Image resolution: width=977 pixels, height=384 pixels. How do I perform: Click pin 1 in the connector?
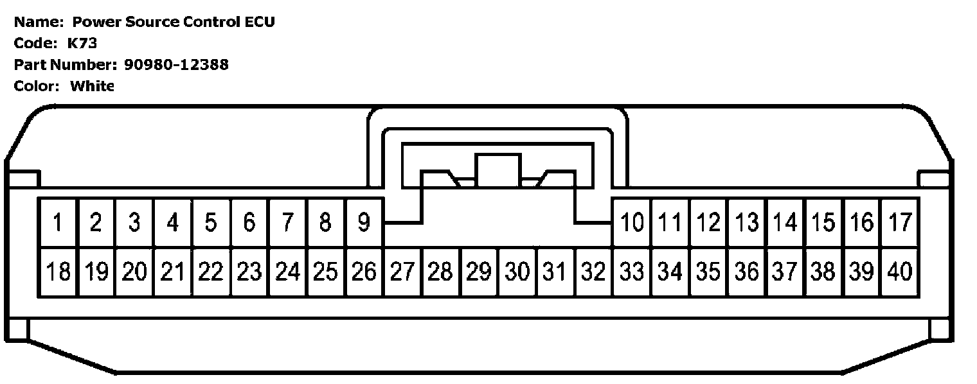(58, 223)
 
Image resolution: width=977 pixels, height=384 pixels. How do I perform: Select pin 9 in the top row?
(364, 223)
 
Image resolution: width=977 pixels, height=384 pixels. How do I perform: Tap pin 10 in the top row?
(632, 223)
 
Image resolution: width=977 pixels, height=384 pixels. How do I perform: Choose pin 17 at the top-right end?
(900, 223)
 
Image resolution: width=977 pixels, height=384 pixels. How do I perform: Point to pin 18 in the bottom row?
(58, 272)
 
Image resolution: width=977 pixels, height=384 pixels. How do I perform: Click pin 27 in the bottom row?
(402, 272)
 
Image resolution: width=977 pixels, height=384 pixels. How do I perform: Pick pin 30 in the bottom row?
(517, 272)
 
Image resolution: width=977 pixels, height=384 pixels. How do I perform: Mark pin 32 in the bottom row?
(593, 272)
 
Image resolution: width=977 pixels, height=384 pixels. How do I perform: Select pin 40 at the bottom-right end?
(900, 272)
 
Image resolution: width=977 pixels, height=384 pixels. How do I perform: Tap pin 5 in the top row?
(211, 223)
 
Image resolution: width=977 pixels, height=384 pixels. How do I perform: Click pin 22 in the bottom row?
(211, 272)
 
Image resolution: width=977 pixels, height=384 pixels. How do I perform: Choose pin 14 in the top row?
(785, 223)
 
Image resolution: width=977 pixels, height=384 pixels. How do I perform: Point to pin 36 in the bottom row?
(747, 272)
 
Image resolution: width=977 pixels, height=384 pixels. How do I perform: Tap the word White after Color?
(92, 85)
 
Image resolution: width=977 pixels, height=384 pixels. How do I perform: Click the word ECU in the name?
(259, 22)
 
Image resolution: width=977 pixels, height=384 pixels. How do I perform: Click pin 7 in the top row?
(287, 223)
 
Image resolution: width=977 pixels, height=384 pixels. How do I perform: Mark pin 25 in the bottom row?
(325, 272)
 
